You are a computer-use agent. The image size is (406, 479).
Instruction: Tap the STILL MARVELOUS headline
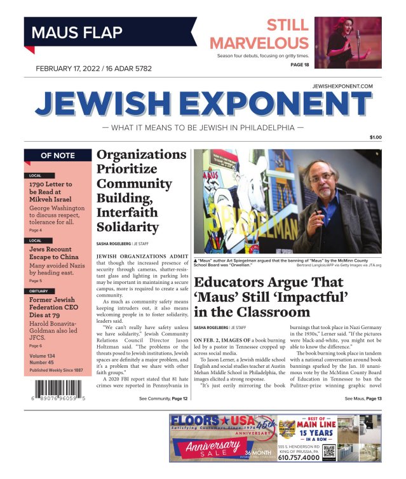259,34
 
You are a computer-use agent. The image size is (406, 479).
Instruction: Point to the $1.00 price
376,137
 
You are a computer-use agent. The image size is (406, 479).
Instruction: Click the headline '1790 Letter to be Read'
51,192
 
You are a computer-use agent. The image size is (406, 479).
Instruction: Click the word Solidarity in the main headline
127,226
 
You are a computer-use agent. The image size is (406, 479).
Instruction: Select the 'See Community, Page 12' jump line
163,398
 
